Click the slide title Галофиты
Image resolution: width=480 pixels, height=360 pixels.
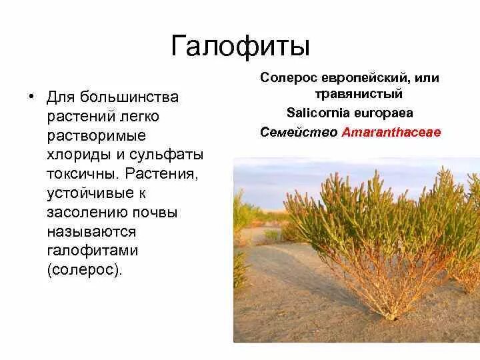click(241, 46)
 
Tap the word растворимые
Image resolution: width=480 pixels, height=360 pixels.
click(96, 136)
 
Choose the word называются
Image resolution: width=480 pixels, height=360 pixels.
click(91, 233)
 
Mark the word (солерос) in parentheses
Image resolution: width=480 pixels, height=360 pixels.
click(85, 271)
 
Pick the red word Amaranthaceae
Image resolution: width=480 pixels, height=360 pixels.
click(391, 131)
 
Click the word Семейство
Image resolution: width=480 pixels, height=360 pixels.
click(298, 131)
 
